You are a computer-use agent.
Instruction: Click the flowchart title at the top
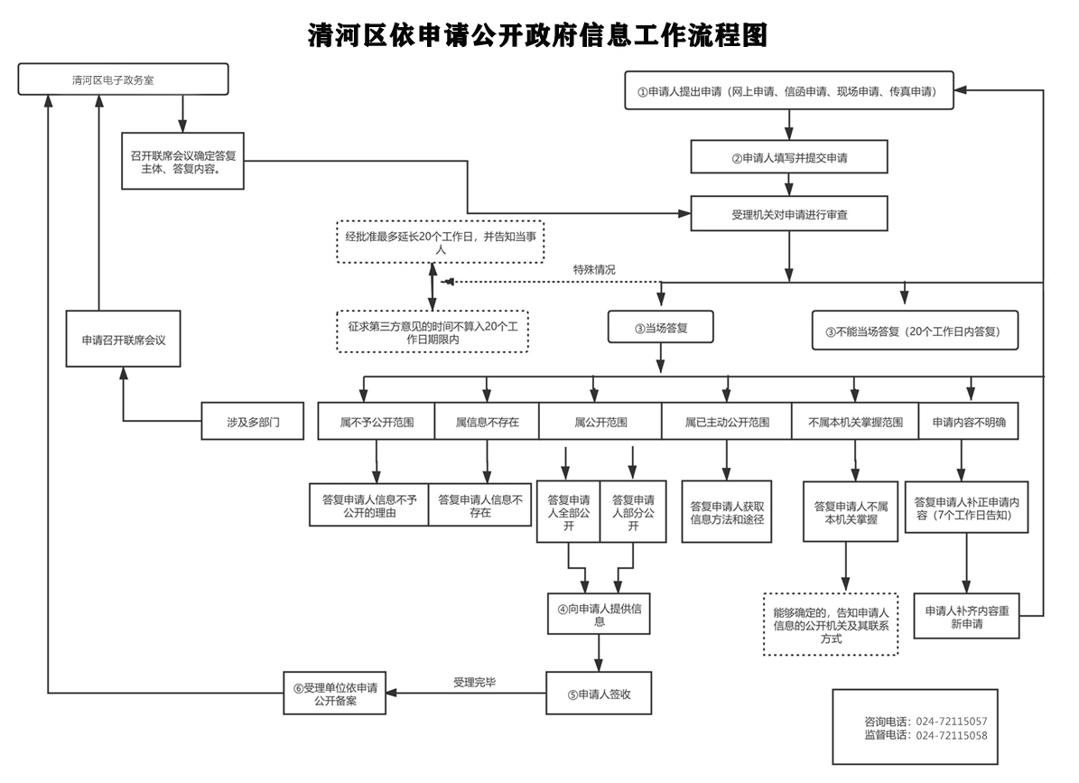point(537,35)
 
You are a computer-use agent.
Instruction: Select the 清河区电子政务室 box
point(123,79)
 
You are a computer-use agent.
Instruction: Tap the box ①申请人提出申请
point(788,91)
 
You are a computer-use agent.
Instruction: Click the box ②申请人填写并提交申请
point(788,157)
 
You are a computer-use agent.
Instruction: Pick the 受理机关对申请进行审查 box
point(788,214)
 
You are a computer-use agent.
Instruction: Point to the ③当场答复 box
point(661,328)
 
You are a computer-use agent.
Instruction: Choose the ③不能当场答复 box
point(915,331)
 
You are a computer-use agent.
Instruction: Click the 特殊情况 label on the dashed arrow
point(594,270)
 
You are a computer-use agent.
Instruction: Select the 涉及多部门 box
point(253,422)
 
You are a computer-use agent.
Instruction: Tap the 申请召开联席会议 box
point(123,340)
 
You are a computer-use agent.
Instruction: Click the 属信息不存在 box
point(487,422)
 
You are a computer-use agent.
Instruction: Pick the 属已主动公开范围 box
point(727,422)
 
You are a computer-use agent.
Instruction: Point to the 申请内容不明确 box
point(969,422)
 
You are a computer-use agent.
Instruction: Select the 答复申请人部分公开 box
point(633,512)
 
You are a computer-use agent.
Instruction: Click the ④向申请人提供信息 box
point(599,614)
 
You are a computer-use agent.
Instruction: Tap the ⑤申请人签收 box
point(599,694)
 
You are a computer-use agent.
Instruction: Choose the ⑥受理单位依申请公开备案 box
point(335,694)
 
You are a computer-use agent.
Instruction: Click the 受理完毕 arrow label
point(474,682)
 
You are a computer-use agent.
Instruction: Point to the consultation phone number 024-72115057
point(951,721)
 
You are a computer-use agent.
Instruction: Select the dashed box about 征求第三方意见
point(433,331)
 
